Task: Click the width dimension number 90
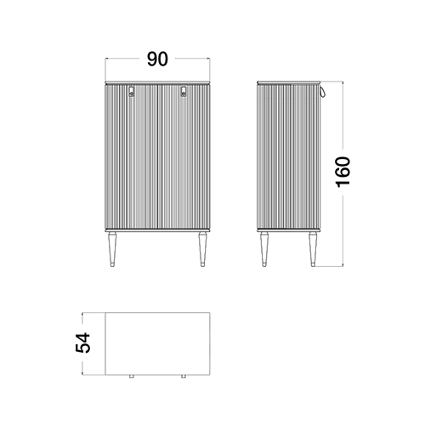click(x=157, y=59)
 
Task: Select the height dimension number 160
click(x=343, y=172)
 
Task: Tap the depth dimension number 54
click(x=82, y=343)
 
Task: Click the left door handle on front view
click(x=132, y=91)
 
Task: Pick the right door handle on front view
click(x=184, y=91)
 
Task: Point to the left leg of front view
click(x=112, y=249)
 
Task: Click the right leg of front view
click(x=202, y=249)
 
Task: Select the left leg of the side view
click(x=264, y=249)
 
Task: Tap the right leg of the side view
click(x=313, y=249)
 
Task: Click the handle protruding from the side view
click(x=323, y=91)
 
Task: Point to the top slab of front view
click(x=157, y=82)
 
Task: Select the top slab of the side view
click(x=289, y=82)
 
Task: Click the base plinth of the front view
click(x=157, y=230)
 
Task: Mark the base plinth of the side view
click(x=289, y=230)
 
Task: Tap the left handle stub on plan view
click(x=132, y=377)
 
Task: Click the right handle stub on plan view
click(x=184, y=377)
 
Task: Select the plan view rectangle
click(x=157, y=343)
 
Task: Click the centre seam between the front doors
click(x=157, y=156)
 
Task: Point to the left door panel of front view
click(x=132, y=156)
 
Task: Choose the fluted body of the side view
click(x=289, y=156)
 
